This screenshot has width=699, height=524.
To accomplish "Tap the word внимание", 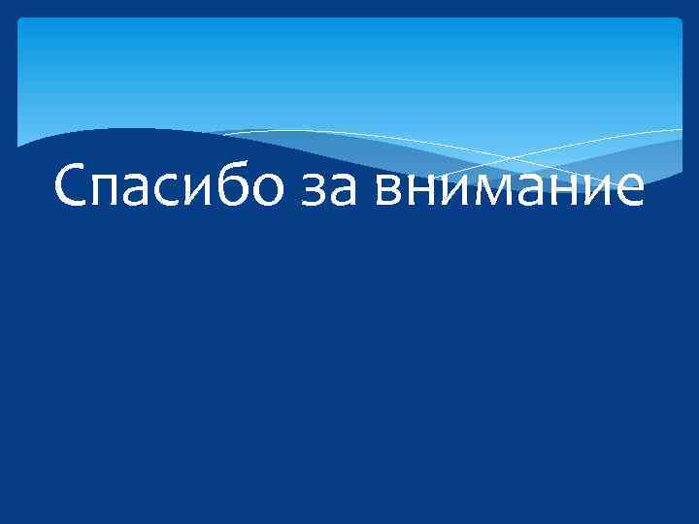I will click(x=511, y=189).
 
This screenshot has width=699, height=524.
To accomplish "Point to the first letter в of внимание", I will click(x=392, y=190).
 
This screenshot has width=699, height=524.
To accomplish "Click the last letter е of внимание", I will click(x=627, y=190).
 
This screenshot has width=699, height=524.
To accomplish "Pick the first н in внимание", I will click(x=423, y=190).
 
